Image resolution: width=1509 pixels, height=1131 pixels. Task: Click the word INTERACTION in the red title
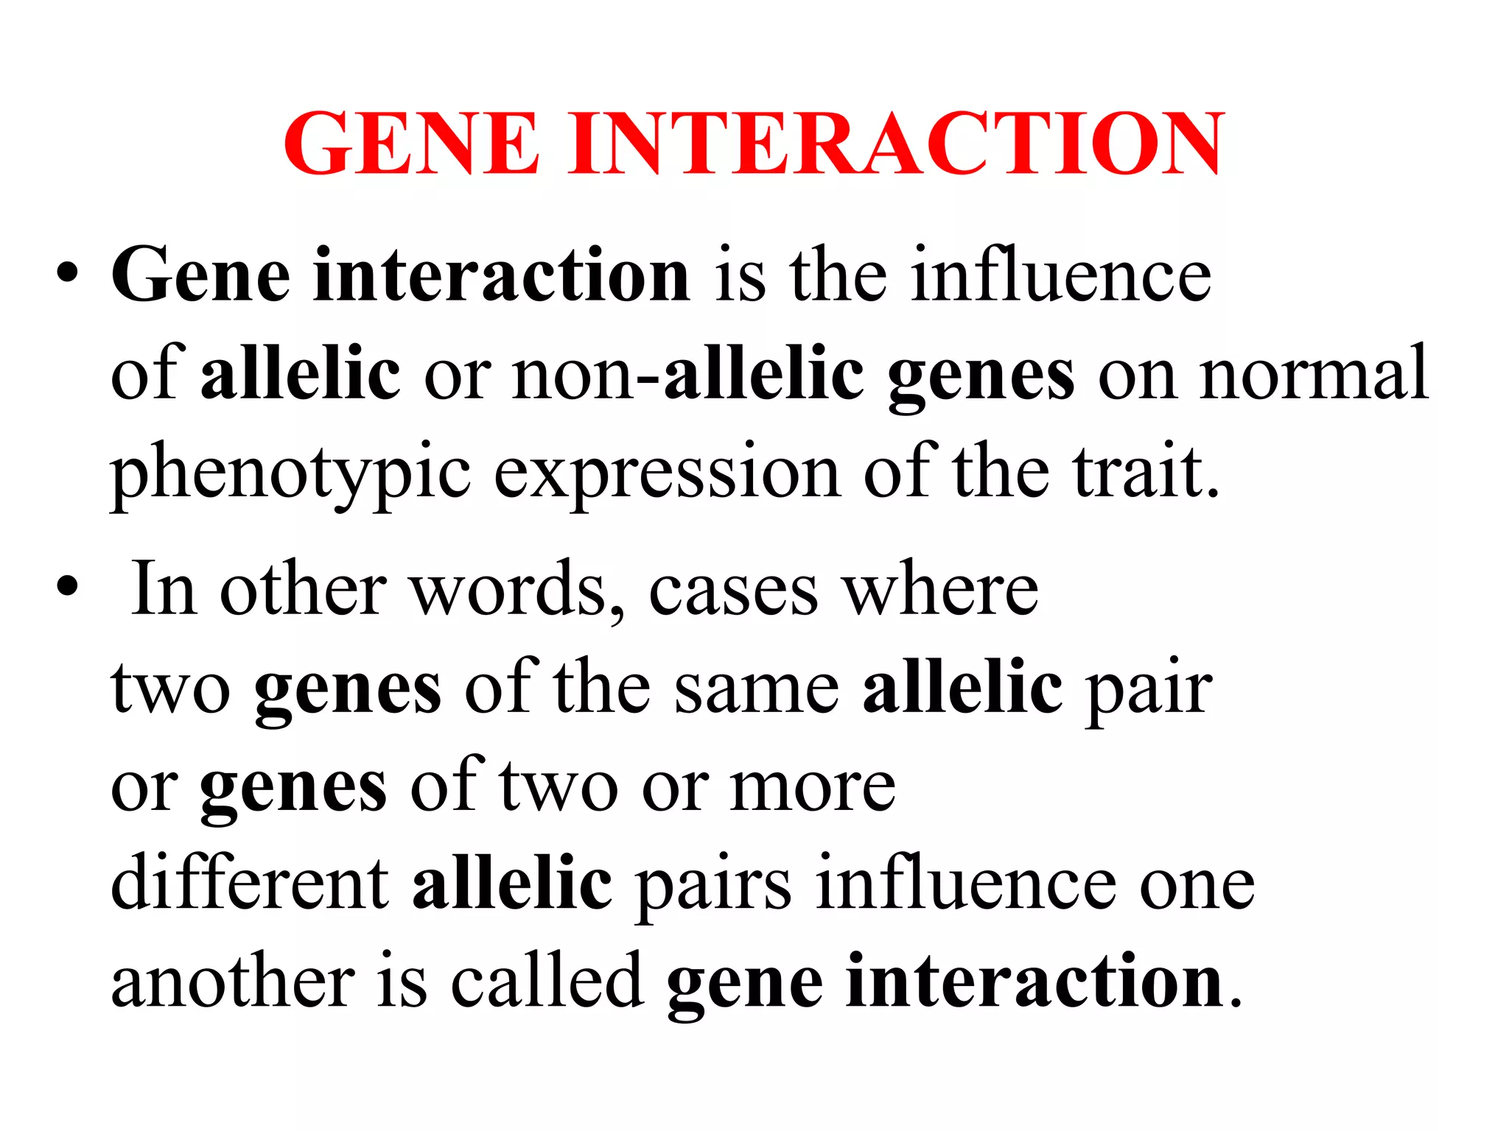coord(896,143)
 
